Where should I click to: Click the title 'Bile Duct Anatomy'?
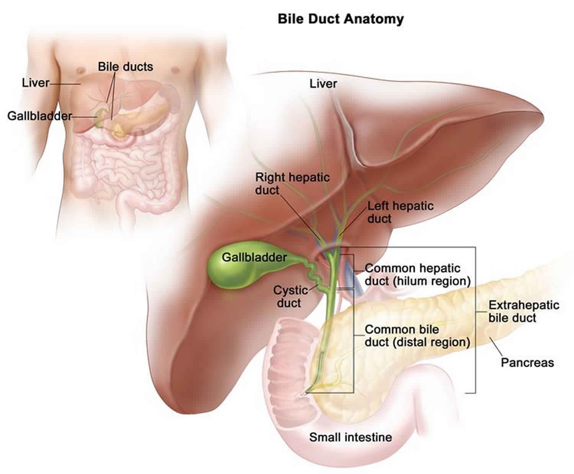tap(340, 18)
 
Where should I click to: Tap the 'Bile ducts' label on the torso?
tap(125, 67)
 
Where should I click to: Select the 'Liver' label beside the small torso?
tap(35, 83)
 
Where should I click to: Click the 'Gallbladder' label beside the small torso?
tap(39, 116)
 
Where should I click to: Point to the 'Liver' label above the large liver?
tap(323, 83)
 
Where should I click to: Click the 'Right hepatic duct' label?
tap(292, 183)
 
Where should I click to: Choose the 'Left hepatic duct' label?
tap(400, 212)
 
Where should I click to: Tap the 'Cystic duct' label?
tap(290, 296)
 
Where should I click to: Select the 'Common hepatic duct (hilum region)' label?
tap(417, 274)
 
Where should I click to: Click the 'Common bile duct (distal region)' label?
tap(417, 335)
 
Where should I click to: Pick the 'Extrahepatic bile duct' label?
tap(523, 311)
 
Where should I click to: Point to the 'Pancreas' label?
tap(527, 362)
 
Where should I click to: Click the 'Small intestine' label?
tap(350, 437)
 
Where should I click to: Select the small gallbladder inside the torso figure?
tap(100, 117)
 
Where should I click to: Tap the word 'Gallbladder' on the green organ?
tap(254, 257)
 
